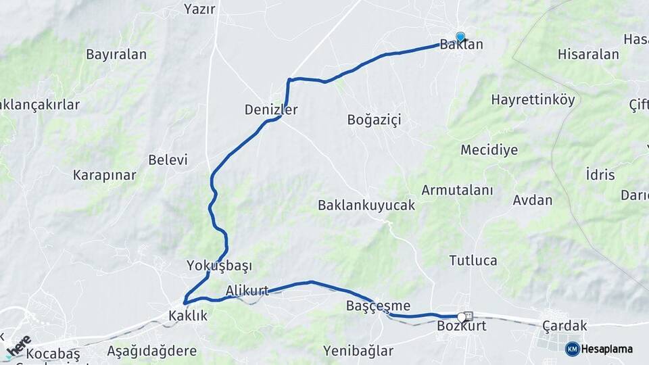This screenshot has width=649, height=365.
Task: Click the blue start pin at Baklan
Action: click(460, 37)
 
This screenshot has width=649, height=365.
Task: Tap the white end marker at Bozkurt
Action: click(462, 317)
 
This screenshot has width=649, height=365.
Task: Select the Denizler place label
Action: click(271, 109)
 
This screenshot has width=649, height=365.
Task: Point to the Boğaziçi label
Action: click(374, 120)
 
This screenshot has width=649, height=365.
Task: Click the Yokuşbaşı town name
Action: click(219, 266)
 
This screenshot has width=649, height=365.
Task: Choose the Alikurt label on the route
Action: click(247, 291)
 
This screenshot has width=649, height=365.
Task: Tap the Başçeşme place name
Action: click(378, 306)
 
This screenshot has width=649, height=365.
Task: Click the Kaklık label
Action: click(188, 315)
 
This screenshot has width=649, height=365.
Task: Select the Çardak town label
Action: click(564, 325)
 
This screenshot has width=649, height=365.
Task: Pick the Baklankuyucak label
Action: click(366, 205)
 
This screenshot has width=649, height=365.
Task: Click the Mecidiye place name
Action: click(489, 149)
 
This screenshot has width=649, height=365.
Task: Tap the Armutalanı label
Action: click(457, 190)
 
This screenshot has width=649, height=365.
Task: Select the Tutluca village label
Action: click(473, 260)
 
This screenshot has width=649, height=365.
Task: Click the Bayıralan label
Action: click(116, 55)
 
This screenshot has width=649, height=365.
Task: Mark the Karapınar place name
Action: click(105, 175)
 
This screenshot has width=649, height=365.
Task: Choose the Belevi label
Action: click(168, 160)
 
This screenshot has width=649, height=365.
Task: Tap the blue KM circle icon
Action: click(572, 349)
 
